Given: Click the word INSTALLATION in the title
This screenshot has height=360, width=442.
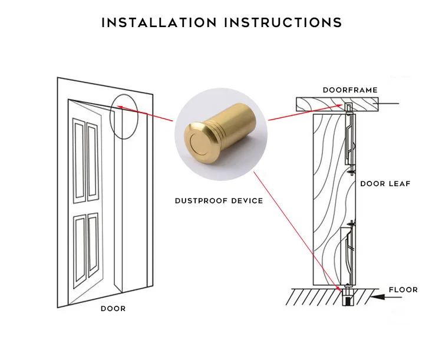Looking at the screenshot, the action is tap(159, 23).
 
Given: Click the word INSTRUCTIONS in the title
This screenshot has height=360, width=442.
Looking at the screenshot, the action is tap(282, 23).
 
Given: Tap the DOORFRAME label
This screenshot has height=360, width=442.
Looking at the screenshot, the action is tap(349, 90).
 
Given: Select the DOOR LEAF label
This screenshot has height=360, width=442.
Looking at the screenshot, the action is tap(385, 184).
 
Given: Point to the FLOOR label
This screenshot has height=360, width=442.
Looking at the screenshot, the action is tap(403, 290).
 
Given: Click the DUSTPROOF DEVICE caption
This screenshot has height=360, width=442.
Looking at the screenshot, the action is tap(219, 201).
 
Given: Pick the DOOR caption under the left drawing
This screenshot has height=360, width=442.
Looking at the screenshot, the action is tap(113, 309).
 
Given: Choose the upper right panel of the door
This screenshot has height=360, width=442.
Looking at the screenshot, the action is tap(93, 159).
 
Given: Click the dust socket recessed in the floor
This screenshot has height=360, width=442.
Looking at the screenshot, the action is tap(347, 299).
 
